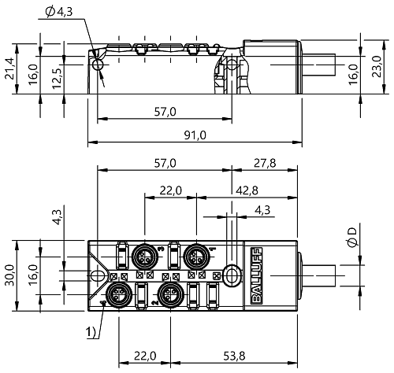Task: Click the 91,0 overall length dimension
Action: [x=195, y=135]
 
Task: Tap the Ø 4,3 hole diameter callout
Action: [x=59, y=12]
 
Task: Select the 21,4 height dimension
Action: [x=10, y=68]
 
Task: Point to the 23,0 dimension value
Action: [x=377, y=66]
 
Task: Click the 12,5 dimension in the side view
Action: [x=57, y=79]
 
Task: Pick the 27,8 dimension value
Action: [x=265, y=164]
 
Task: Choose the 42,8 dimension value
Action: [x=247, y=190]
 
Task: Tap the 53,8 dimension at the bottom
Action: [x=234, y=356]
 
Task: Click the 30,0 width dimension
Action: [x=10, y=275]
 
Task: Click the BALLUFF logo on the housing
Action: [x=257, y=275]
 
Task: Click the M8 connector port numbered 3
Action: [x=144, y=257]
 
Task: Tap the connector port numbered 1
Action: [x=196, y=257]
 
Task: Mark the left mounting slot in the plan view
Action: [x=98, y=275]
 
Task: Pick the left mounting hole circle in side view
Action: [x=98, y=65]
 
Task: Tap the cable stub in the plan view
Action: [x=318, y=275]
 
